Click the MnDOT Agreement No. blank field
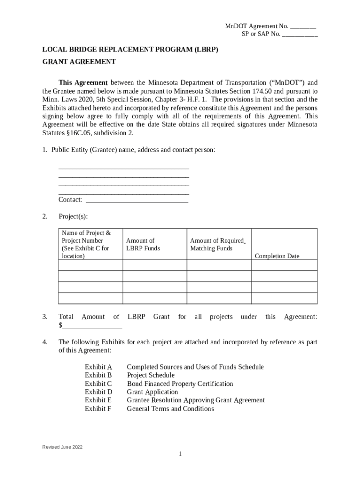pyautogui.click(x=303, y=27)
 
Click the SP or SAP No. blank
pyautogui.click(x=300, y=35)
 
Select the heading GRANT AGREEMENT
pyautogui.click(x=79, y=62)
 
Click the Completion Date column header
pyautogui.click(x=277, y=256)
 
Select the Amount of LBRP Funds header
pyautogui.click(x=143, y=245)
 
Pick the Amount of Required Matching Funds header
pyautogui.click(x=217, y=245)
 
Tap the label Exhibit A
pyautogui.click(x=98, y=367)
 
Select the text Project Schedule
pyautogui.click(x=151, y=376)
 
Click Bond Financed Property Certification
pyautogui.click(x=180, y=384)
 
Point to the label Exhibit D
pyautogui.click(x=98, y=392)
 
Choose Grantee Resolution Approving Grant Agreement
pyautogui.click(x=195, y=400)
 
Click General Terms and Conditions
pyautogui.click(x=170, y=409)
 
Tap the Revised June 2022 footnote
pyautogui.click(x=62, y=447)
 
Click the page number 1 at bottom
pyautogui.click(x=180, y=454)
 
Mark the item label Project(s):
pyautogui.click(x=73, y=217)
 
